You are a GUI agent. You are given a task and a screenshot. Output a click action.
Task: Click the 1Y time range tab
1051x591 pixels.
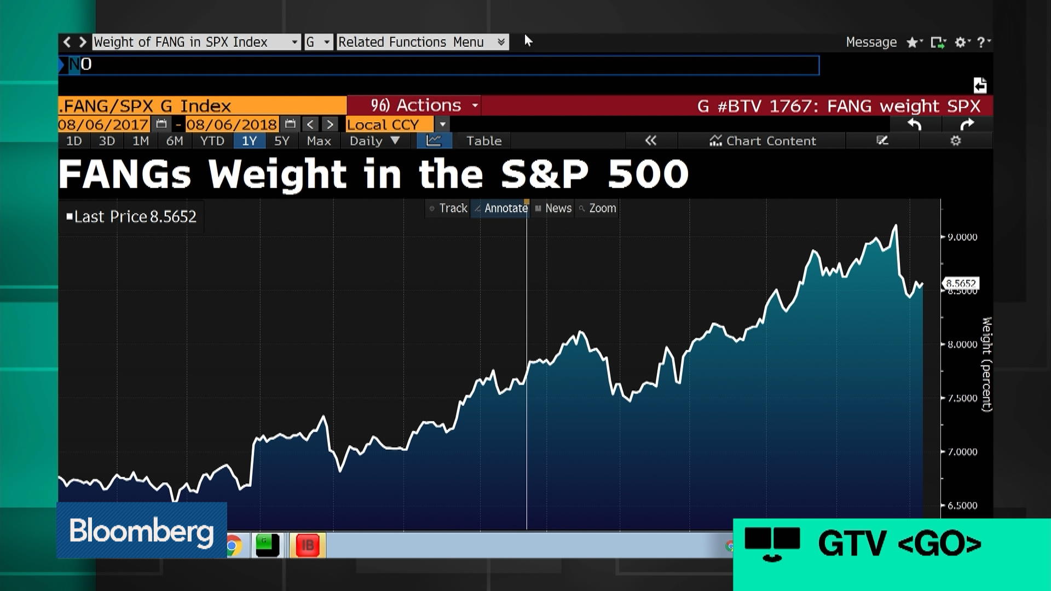click(249, 141)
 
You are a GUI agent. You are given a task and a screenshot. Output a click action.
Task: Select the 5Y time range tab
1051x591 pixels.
click(281, 141)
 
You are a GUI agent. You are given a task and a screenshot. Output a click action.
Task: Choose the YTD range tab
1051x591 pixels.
click(212, 141)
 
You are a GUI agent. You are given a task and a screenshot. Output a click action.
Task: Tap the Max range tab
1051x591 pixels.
click(319, 141)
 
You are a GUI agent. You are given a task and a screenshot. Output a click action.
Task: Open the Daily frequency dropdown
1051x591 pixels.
click(374, 141)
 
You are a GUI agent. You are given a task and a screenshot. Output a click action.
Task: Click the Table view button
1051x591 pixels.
click(484, 141)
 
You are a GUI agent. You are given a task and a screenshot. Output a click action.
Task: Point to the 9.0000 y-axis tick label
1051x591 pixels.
click(962, 237)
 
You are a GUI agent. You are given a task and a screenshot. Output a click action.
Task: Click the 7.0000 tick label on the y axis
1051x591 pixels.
click(962, 452)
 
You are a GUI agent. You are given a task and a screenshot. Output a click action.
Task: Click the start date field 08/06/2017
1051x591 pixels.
click(103, 125)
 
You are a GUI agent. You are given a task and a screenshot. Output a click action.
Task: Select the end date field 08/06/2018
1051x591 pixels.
click(232, 125)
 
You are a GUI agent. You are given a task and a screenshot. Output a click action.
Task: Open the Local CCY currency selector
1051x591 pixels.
click(390, 125)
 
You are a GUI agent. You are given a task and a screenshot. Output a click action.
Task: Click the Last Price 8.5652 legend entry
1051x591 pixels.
click(131, 217)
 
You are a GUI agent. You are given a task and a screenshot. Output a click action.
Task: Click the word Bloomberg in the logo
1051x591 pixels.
click(141, 531)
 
